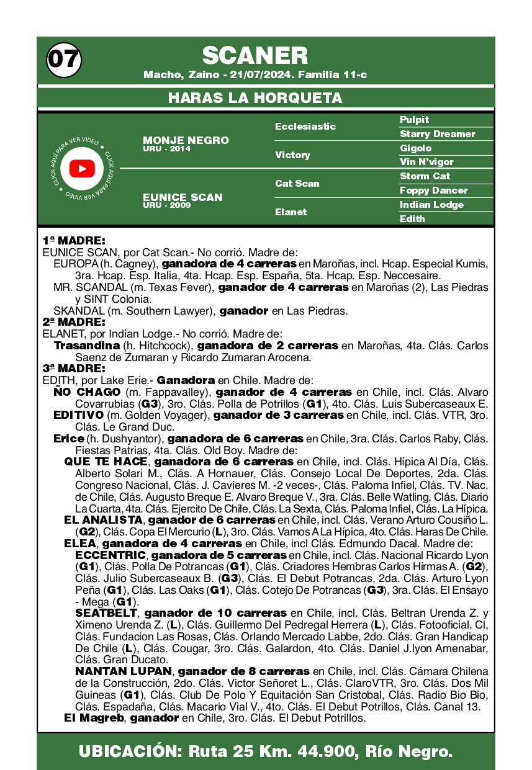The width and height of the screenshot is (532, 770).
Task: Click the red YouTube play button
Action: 82,169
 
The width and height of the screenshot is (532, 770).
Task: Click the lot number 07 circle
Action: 63,59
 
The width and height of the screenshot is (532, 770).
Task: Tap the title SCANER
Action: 255,56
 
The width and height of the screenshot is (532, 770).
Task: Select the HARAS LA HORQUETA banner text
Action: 255,98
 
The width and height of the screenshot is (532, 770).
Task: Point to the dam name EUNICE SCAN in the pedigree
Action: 183,197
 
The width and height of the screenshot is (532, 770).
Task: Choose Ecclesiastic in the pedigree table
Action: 305,127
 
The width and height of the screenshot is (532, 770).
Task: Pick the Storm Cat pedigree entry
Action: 425,176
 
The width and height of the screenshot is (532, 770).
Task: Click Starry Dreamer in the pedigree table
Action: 437,134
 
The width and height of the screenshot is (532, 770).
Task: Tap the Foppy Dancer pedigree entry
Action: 433,190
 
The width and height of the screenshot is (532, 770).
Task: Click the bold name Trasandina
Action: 86,346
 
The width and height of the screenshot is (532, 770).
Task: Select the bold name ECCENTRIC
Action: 110,555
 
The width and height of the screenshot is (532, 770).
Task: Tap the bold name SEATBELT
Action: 106,613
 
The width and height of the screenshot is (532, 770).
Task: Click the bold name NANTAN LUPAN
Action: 123,671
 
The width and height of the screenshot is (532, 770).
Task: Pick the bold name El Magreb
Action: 93,718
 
